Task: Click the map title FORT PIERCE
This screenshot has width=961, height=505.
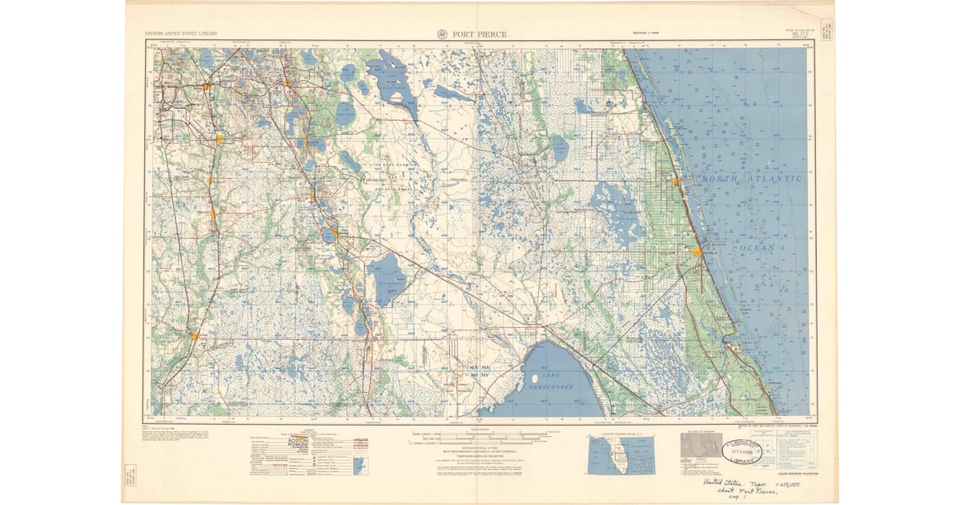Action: [481, 34]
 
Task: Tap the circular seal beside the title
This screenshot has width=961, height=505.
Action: [443, 34]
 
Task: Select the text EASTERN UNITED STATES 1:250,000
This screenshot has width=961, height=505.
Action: [180, 34]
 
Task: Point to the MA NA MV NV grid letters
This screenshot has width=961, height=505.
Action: [480, 370]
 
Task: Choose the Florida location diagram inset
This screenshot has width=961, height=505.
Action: [621, 454]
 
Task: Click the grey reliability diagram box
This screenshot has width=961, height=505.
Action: [701, 445]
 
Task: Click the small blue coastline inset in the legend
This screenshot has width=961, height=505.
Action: [359, 465]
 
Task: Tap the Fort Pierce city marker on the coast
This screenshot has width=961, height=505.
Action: [697, 251]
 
